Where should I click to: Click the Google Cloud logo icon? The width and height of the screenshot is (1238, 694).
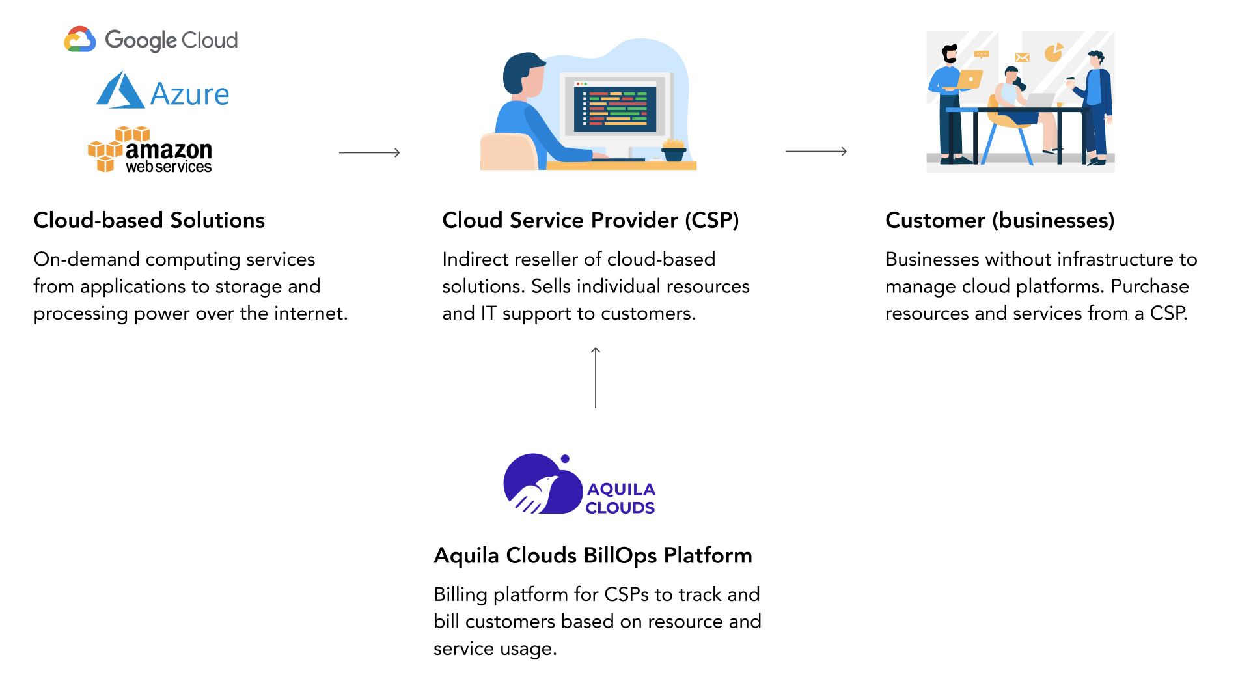(80, 39)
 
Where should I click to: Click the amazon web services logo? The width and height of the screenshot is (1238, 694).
(150, 150)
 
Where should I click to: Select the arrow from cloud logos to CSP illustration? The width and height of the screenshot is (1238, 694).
(369, 152)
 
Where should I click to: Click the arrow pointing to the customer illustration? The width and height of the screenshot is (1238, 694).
(816, 151)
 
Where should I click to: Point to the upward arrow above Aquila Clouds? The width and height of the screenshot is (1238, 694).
(596, 378)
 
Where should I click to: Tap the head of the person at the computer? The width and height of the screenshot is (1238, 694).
(524, 74)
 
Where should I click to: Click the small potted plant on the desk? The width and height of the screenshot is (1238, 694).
(674, 150)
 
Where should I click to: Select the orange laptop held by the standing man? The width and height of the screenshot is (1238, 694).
(969, 79)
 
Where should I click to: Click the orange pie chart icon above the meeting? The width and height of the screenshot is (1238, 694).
(1054, 52)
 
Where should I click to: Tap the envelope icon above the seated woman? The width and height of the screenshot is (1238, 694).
(1023, 57)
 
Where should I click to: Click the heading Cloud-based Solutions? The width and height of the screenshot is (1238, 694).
(149, 220)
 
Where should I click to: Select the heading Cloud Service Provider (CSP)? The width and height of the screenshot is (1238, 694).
(590, 220)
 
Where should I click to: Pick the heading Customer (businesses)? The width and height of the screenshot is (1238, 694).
(1000, 220)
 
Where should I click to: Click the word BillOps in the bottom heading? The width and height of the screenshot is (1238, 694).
(620, 555)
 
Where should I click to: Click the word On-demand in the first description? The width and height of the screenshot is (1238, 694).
(87, 259)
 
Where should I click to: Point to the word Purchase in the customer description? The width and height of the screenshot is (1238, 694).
(1150, 286)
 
